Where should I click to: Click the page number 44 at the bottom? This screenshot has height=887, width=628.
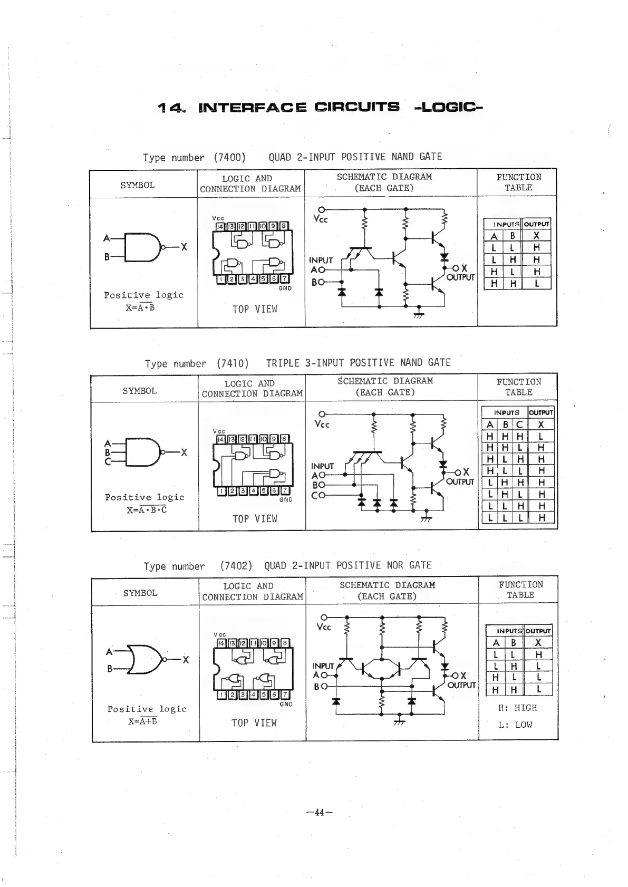(319, 813)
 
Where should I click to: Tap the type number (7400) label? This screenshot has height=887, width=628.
(230, 157)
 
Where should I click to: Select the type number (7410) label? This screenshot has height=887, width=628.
(232, 363)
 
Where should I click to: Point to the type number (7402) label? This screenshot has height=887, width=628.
(236, 566)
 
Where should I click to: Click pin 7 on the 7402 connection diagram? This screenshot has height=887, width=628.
(285, 695)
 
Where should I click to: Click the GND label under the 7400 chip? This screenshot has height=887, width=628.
(285, 288)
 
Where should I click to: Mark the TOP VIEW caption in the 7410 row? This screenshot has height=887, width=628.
(255, 519)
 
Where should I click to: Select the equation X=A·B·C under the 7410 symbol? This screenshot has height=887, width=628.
(147, 510)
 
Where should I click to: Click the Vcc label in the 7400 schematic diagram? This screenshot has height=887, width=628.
(320, 219)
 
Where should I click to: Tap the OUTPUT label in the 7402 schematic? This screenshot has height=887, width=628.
(461, 685)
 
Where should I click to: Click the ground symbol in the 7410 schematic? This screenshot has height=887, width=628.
(427, 519)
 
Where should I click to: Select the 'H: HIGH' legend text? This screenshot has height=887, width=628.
(517, 708)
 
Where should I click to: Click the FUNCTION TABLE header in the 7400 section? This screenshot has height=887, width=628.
(518, 182)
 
